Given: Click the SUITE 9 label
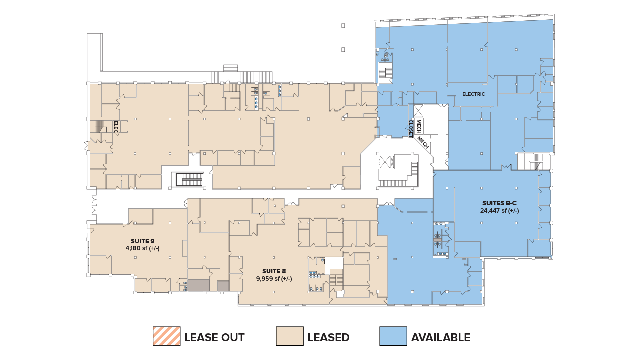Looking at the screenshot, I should [143, 240].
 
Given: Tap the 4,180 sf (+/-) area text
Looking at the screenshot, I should [143, 248].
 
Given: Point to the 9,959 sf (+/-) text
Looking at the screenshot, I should [274, 279].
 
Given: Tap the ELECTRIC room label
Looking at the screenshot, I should [473, 94].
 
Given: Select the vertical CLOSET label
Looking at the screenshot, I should [411, 127].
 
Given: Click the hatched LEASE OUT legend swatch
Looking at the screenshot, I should [166, 336].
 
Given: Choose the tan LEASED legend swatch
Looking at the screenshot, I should [290, 336].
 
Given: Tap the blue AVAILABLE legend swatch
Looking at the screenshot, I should [393, 336].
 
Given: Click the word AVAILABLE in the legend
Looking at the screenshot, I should [441, 337].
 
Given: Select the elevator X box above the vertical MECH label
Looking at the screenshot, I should [419, 110].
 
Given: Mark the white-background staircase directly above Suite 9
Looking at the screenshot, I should [187, 179].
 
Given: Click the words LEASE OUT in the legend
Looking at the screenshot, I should [214, 337].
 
